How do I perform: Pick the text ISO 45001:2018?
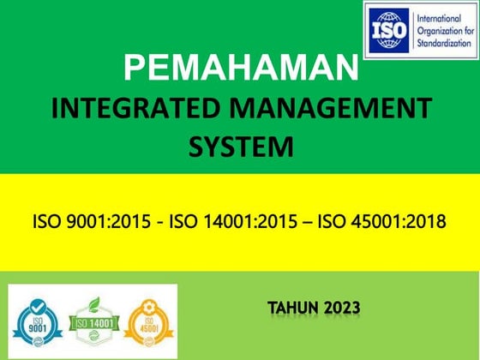[x=381, y=223]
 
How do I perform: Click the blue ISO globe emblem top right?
[x=388, y=29]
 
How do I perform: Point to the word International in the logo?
[x=437, y=17]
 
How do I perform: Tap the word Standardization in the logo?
[x=442, y=41]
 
